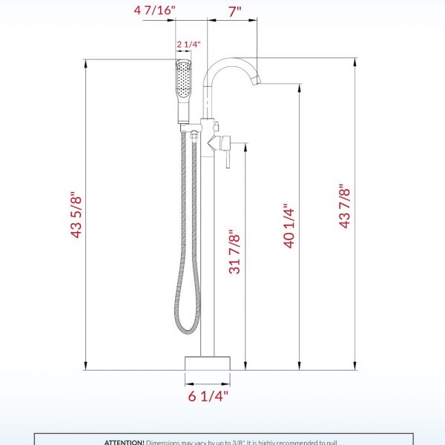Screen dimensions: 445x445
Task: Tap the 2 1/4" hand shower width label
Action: tap(188, 44)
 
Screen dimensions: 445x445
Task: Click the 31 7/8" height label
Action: tap(235, 251)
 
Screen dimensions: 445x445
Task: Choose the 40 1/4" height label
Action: tap(289, 227)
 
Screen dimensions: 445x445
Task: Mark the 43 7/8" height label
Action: tap(344, 205)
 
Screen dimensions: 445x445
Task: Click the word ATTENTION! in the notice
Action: tap(124, 441)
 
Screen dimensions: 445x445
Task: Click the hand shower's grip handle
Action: tap(183, 111)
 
